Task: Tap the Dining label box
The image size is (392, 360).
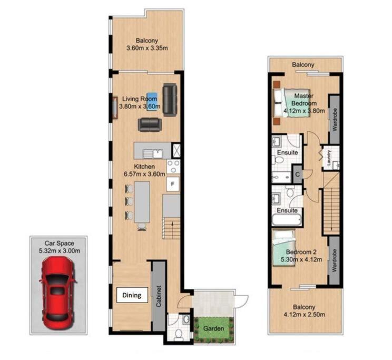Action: click(132, 295)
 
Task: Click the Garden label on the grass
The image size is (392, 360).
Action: click(214, 329)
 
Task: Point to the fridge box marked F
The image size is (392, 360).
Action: click(172, 184)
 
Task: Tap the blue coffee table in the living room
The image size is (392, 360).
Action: click(152, 99)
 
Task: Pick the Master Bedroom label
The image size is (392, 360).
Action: click(304, 100)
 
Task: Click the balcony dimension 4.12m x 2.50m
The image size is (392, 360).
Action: click(304, 315)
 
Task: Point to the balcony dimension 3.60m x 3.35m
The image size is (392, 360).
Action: click(147, 48)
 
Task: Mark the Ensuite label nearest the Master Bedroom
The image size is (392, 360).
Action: click(288, 152)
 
